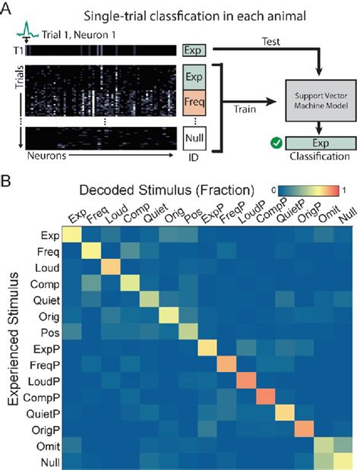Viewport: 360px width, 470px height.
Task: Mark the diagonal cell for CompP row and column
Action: tap(264, 396)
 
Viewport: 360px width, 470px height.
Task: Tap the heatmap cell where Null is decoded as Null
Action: tap(343, 459)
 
